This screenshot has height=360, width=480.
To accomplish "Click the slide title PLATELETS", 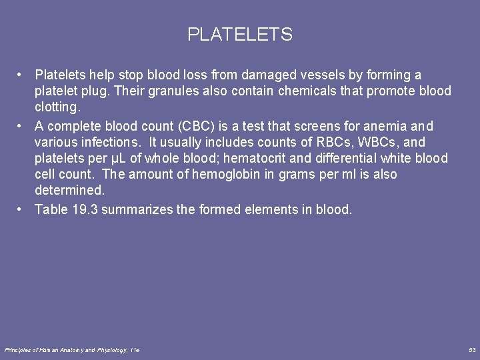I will coord(240,35).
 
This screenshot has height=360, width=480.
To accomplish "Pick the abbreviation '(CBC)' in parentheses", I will coord(199,126).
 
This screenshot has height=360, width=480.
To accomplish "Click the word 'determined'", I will coord(69,191).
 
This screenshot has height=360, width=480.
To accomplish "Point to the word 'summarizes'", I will coord(137,209).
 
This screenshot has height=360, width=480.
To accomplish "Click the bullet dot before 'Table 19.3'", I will coord(21,209).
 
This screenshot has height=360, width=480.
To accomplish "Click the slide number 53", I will coord(472,350).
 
